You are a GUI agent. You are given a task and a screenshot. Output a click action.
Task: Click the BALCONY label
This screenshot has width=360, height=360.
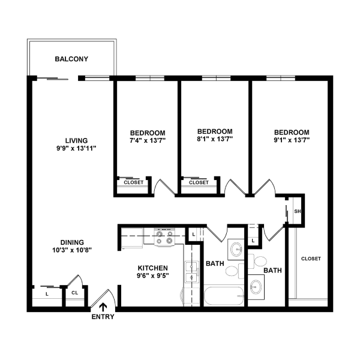[x=71, y=59]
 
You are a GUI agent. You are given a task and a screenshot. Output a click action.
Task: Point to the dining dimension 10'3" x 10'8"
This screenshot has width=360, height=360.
[x=72, y=249]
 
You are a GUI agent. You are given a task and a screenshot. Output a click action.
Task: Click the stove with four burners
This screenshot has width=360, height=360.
[x=163, y=237]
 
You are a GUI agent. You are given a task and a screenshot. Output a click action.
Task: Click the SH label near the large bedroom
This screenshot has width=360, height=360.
[x=296, y=211]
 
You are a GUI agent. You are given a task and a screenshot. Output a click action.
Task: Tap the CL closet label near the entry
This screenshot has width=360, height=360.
[x=74, y=293]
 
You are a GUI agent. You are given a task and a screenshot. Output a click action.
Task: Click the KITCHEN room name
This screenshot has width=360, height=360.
[x=153, y=268]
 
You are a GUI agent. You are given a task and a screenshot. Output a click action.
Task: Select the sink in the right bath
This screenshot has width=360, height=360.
[x=257, y=287]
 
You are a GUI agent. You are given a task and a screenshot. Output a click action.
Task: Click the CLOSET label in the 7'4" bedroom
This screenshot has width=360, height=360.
[x=133, y=182]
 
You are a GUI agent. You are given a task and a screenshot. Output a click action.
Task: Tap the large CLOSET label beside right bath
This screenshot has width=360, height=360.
[x=311, y=259]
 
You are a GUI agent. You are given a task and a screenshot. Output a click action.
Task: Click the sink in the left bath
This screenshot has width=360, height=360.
[x=235, y=249]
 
